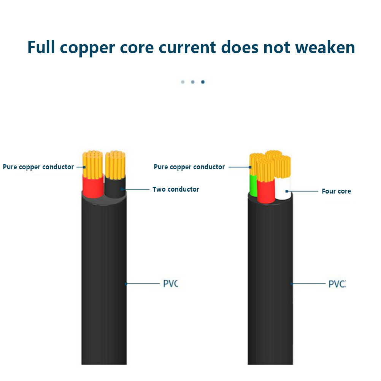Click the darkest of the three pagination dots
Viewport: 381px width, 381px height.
point(203,82)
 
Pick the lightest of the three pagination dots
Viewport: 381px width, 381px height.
point(183,82)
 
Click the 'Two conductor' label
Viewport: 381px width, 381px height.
point(176,189)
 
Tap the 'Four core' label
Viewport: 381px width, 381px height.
point(336,191)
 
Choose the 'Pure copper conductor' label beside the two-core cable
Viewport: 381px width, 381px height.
point(38,167)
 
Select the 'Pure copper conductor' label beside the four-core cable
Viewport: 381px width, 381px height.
point(189,167)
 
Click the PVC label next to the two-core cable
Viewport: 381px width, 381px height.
point(170,284)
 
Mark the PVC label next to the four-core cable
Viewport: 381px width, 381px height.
point(337,284)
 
